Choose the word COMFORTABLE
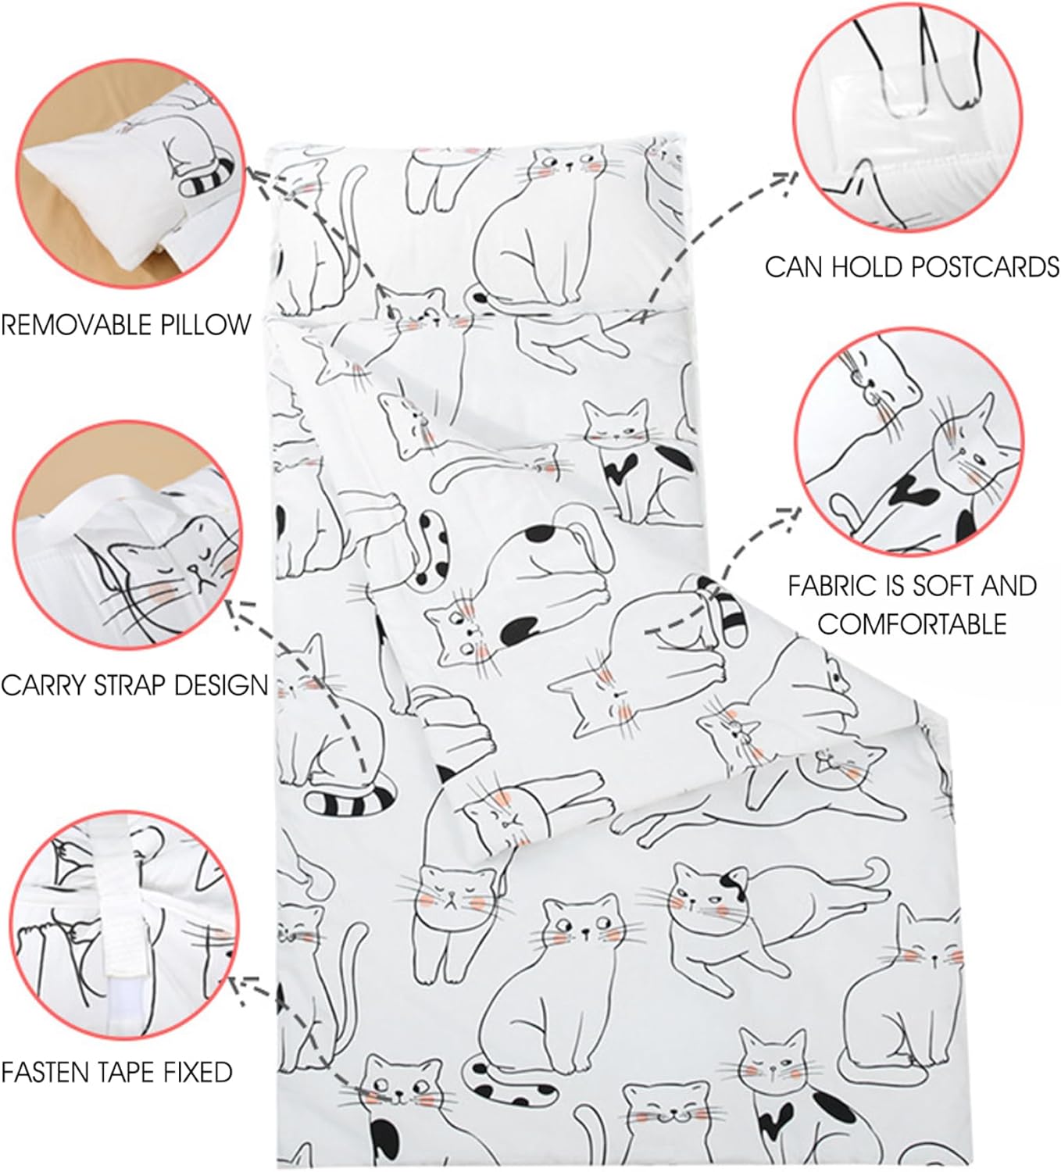tap(912, 624)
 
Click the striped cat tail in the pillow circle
tap(209, 177)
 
